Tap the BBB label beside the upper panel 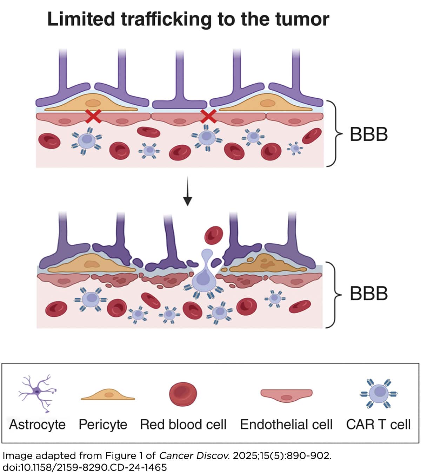[368, 134]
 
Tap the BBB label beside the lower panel [368, 294]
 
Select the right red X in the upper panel [208, 116]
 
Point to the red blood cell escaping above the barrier [214, 235]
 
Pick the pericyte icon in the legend [108, 395]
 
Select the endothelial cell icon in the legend [286, 395]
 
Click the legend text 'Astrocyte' [37, 424]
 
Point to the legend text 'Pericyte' [103, 424]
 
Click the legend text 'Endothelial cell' [286, 424]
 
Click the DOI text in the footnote [85, 467]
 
